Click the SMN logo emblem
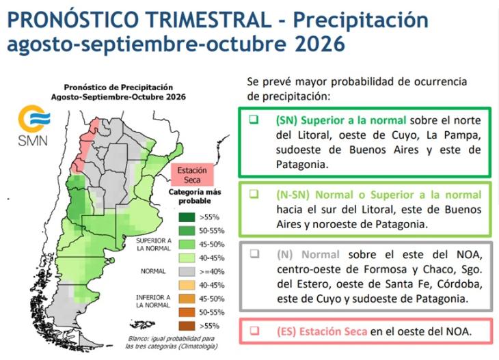coord(34,118)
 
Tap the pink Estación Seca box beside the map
coord(192,175)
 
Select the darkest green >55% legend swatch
coord(187,217)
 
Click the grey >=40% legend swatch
coord(187,272)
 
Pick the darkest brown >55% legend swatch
coord(187,326)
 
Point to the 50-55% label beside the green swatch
coord(212,231)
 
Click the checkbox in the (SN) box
coord(254,120)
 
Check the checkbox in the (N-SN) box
coord(254,194)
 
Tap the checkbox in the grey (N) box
coord(254,254)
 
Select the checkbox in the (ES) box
coord(254,331)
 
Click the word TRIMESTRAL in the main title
coord(209,20)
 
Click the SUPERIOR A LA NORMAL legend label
coord(154,245)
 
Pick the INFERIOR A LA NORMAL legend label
coord(153,301)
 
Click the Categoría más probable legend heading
coord(194,197)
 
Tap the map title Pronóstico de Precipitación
coord(118,87)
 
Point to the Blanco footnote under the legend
coord(171,342)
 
